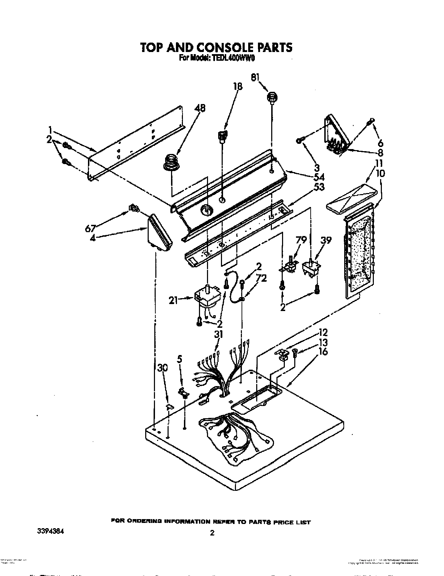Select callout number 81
(x=255, y=77)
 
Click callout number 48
(x=199, y=109)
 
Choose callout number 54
(x=319, y=177)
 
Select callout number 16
(x=323, y=352)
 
